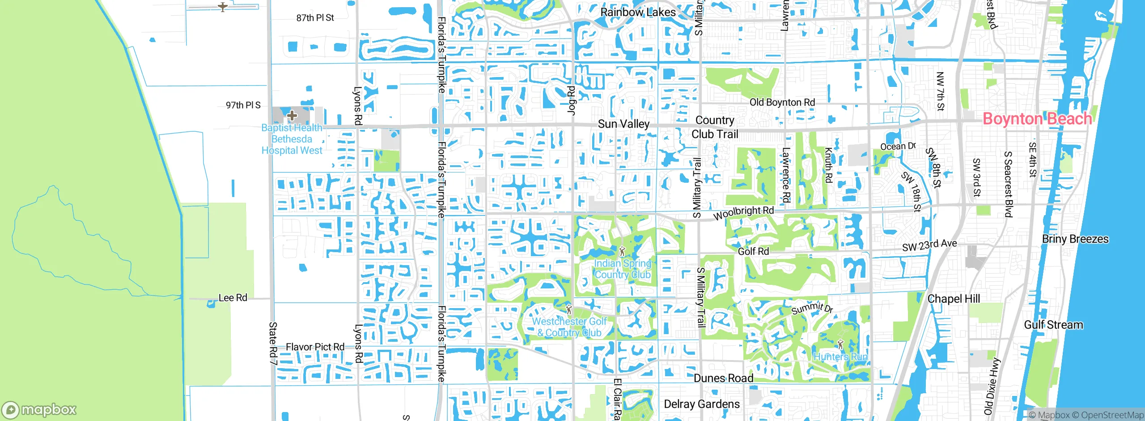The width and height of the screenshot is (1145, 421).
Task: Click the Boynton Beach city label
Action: point(1037,119)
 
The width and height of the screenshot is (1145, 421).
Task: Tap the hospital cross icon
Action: point(292,116)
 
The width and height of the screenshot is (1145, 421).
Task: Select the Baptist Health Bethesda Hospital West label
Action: point(292,139)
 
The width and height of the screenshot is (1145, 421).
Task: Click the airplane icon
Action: point(223,7)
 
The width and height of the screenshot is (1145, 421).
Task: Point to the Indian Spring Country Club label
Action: point(622,269)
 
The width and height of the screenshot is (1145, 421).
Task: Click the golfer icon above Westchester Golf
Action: point(568,309)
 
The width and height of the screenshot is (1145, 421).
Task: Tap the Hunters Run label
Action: point(840,357)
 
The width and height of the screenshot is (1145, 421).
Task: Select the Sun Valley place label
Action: point(623,124)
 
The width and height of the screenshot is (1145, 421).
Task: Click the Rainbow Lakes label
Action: point(638,13)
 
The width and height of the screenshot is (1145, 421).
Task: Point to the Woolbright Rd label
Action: point(743,213)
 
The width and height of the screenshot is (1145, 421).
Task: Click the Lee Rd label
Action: point(233,298)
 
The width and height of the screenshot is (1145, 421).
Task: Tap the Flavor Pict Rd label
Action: point(315,347)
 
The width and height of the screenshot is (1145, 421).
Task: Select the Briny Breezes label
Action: point(1075,239)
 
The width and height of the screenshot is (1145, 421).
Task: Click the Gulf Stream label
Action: point(1053,325)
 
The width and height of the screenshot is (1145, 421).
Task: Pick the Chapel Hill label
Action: point(954,299)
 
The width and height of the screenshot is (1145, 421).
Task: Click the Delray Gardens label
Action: point(702,404)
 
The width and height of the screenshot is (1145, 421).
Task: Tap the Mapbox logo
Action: point(39,410)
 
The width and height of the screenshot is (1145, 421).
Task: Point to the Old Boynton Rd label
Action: point(782,103)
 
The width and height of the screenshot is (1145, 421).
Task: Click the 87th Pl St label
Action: point(315,18)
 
